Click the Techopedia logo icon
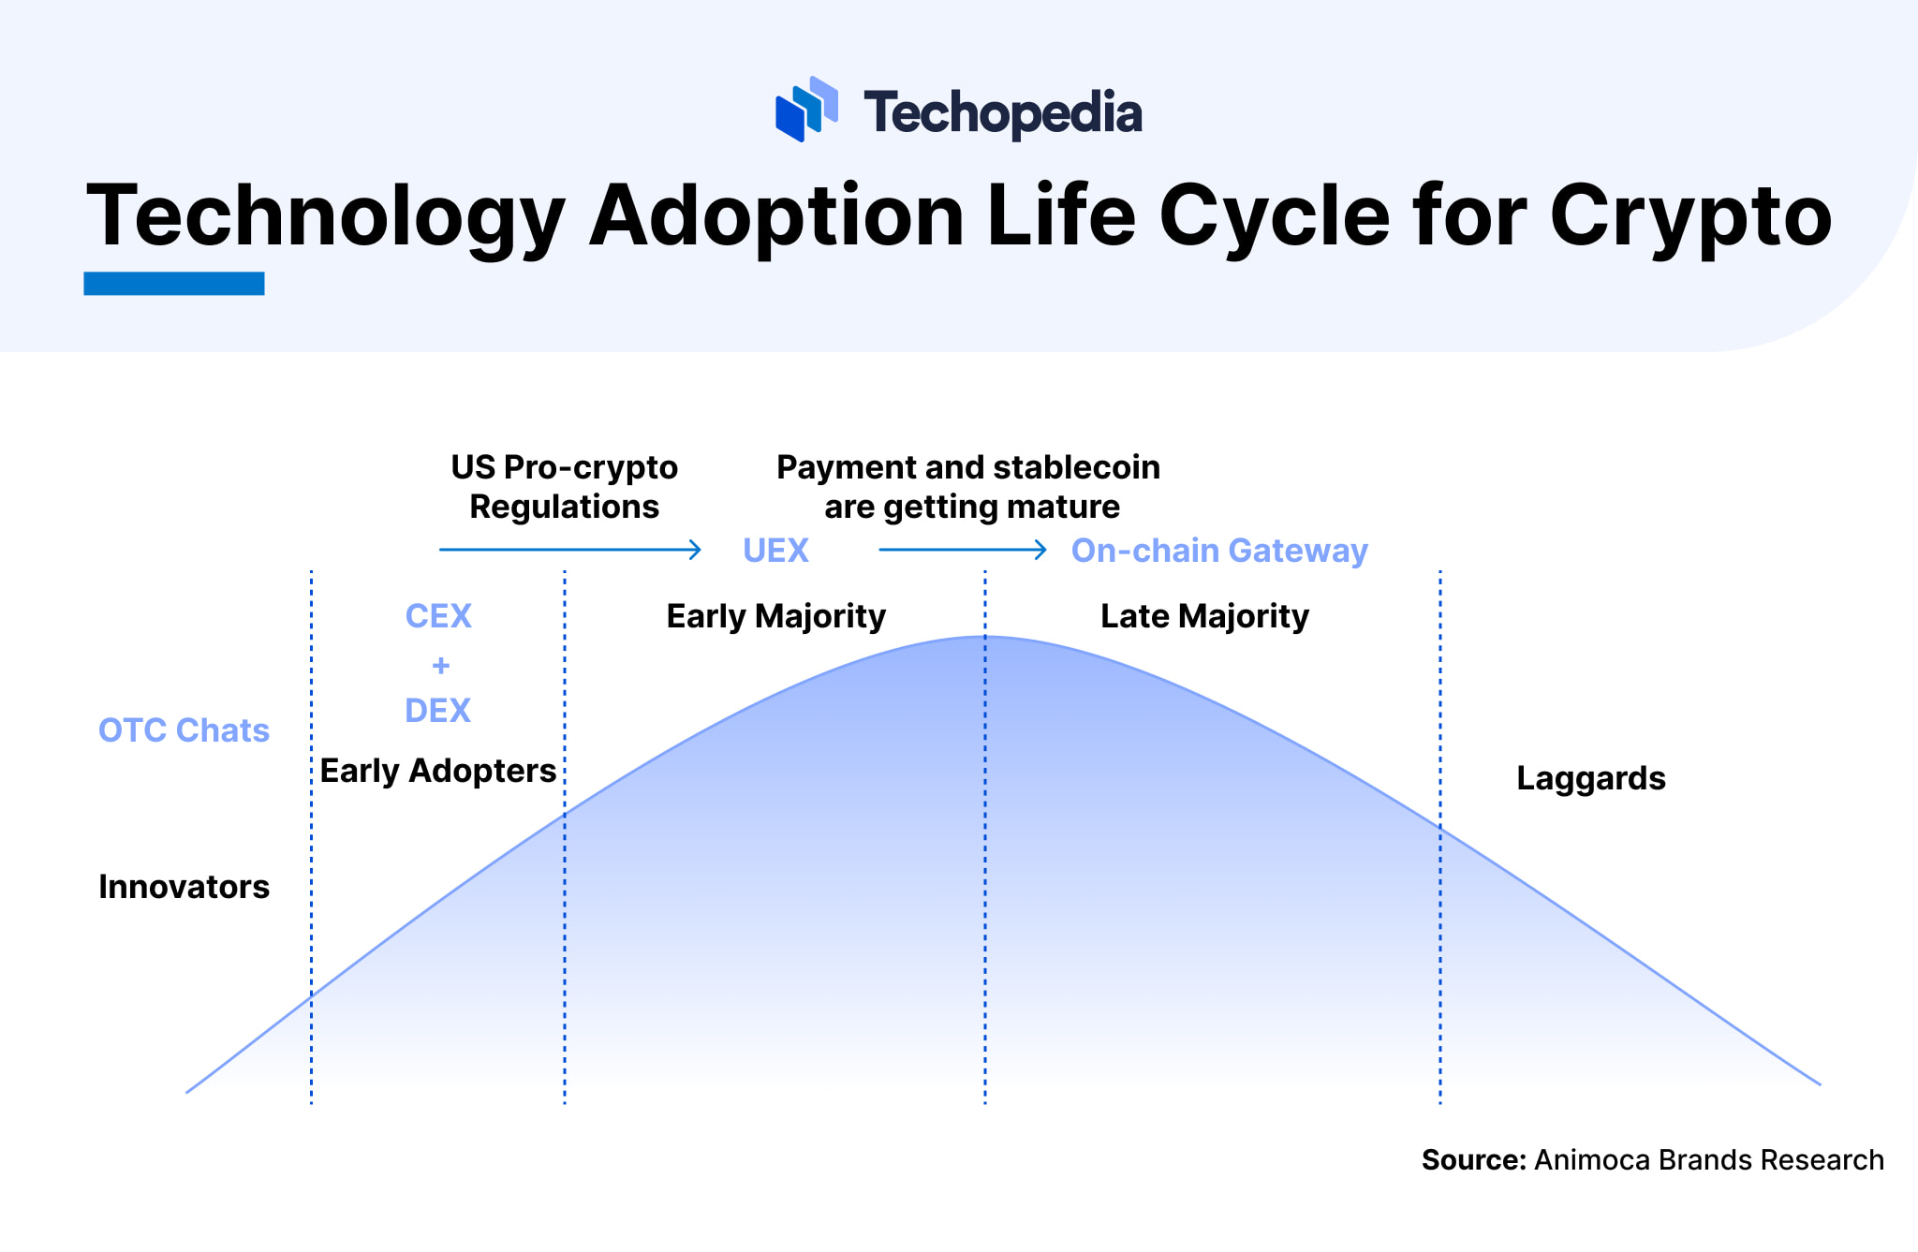click(806, 110)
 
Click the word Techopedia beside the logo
click(1002, 113)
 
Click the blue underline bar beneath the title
click(174, 284)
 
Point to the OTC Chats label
click(184, 730)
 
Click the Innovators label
click(184, 887)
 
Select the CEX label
click(438, 616)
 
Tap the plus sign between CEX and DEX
click(440, 666)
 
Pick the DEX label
click(437, 711)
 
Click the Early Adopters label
click(438, 771)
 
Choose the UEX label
click(775, 551)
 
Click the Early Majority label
click(776, 617)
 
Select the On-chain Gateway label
click(1219, 552)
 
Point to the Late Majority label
click(1204, 617)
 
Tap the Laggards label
click(1591, 779)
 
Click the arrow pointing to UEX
click(570, 550)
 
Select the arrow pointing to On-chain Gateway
click(963, 550)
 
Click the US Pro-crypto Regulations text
click(565, 487)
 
